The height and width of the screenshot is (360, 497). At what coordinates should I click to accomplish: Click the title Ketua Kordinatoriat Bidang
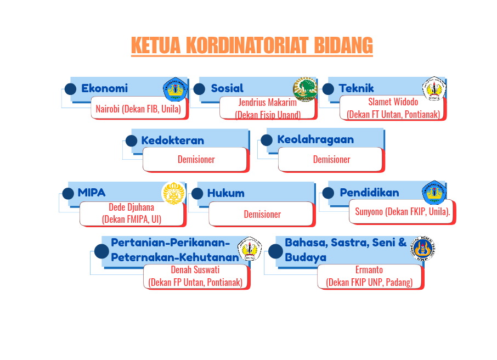pos(252,46)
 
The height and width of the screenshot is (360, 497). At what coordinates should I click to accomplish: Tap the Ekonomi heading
pos(104,88)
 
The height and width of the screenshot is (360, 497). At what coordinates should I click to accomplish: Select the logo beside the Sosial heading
pos(305,89)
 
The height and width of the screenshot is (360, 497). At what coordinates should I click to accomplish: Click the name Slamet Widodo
pos(393,102)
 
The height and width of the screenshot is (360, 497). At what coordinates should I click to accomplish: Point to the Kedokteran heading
pos(172,140)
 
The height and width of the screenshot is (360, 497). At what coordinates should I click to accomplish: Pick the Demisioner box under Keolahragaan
pos(331,159)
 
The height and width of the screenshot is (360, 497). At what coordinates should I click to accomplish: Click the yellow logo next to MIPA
pos(174,193)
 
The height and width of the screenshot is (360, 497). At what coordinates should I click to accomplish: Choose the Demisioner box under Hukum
pos(262,214)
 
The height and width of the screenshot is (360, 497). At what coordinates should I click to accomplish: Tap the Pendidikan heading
pos(369,193)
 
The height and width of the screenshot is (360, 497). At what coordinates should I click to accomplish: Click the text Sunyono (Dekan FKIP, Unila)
pos(403,212)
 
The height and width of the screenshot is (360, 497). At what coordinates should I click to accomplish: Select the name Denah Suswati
pos(195,270)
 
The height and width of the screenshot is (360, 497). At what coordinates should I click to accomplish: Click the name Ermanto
pos(369,270)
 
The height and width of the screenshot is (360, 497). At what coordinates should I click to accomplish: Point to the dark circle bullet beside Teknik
pos(328,89)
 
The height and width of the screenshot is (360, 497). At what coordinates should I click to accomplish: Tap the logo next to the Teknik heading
pos(433,89)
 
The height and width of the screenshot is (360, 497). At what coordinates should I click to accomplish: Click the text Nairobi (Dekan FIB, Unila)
pos(139,109)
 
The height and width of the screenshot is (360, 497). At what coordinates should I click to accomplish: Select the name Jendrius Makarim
pos(268,103)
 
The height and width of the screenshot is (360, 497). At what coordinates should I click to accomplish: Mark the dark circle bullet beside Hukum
pos(197,193)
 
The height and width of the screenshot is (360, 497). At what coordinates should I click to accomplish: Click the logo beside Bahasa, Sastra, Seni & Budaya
pos(423,249)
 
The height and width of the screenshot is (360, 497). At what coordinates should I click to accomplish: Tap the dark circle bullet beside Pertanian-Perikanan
pos(101,251)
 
